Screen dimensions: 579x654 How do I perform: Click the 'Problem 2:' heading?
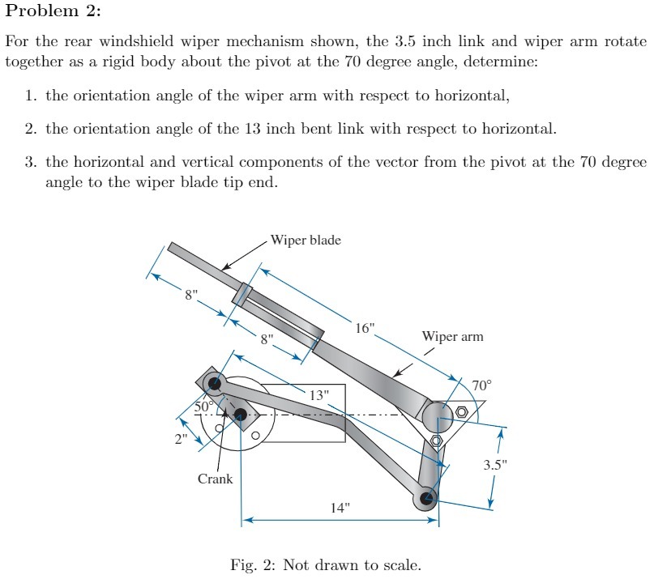[x=53, y=12]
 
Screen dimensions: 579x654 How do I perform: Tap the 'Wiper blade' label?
[x=306, y=241]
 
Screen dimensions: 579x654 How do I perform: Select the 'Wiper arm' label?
[x=452, y=336]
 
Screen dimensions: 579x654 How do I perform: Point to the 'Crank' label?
[x=215, y=479]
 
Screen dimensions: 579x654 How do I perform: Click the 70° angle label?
[x=481, y=385]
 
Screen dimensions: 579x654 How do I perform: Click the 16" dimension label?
[x=365, y=328]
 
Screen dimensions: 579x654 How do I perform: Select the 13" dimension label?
[x=319, y=395]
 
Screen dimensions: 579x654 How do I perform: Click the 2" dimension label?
[x=179, y=439]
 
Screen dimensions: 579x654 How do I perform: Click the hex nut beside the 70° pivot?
[x=462, y=412]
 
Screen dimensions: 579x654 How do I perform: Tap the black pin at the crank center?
[x=240, y=415]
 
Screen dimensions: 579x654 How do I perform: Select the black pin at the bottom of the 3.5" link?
[x=426, y=496]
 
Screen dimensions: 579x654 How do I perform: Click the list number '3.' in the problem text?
[x=31, y=162]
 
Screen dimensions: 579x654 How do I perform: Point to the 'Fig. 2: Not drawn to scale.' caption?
[x=326, y=564]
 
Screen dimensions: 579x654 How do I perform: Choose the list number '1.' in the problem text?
[x=31, y=96]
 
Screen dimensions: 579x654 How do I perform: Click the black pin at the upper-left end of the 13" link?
[x=215, y=383]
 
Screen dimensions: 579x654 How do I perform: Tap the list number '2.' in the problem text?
[x=31, y=129]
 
